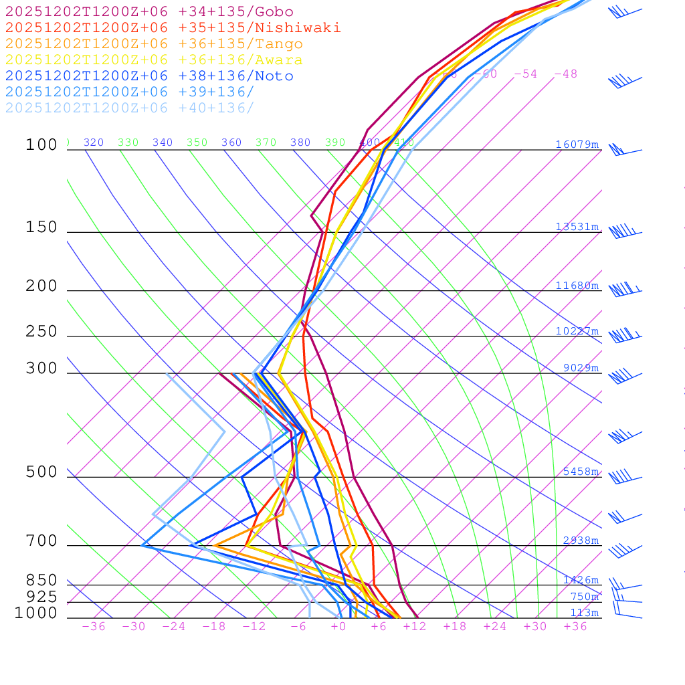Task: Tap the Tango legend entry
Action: click(x=154, y=44)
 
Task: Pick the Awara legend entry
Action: click(x=154, y=60)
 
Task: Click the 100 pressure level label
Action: click(x=41, y=144)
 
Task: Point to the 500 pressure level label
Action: click(x=41, y=472)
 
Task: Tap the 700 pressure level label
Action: click(x=41, y=541)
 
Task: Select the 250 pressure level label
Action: click(x=41, y=331)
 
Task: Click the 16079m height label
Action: click(x=577, y=144)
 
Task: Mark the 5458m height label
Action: click(x=581, y=472)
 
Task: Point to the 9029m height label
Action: click(x=581, y=368)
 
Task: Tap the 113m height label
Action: click(x=584, y=613)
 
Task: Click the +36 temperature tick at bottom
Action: click(x=575, y=626)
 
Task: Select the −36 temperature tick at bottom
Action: click(x=94, y=626)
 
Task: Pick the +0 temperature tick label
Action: click(x=338, y=626)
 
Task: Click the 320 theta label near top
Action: click(x=94, y=142)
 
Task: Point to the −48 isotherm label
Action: click(x=565, y=74)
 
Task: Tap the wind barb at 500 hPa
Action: click(x=621, y=477)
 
